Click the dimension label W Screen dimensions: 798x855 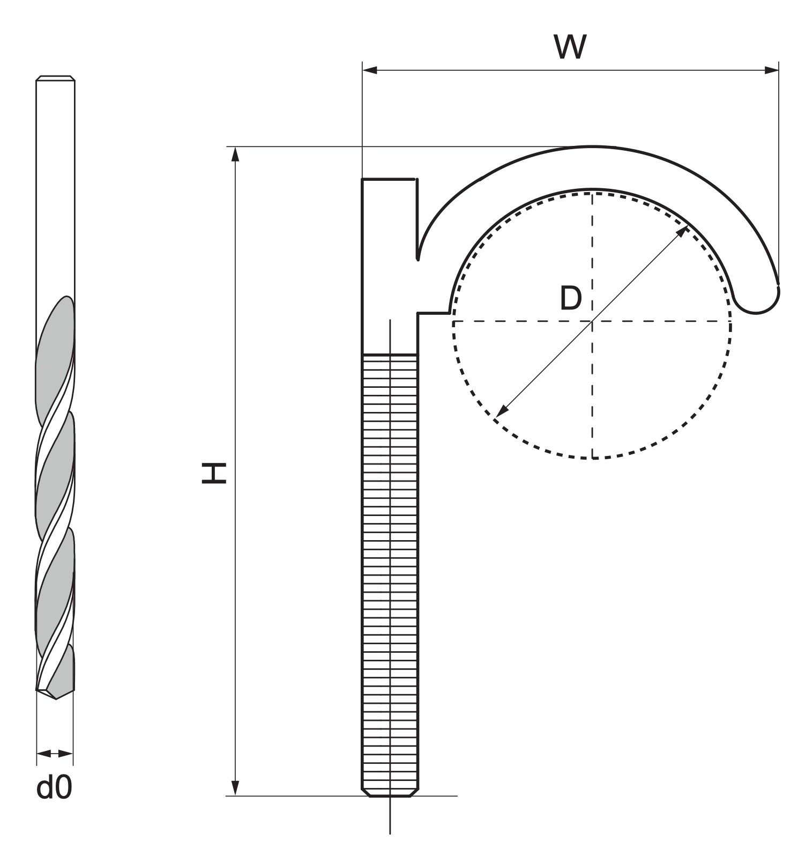click(x=570, y=47)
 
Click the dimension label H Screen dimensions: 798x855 click(x=213, y=473)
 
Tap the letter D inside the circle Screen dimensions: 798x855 click(x=570, y=298)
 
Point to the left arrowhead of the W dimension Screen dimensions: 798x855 click(x=370, y=70)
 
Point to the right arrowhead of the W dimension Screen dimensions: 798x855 click(x=771, y=70)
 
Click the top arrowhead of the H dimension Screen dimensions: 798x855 click(x=235, y=154)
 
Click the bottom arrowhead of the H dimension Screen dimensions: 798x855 click(x=235, y=787)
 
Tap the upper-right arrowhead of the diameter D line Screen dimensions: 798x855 click(x=683, y=231)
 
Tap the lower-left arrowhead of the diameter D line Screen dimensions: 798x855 click(x=502, y=411)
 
